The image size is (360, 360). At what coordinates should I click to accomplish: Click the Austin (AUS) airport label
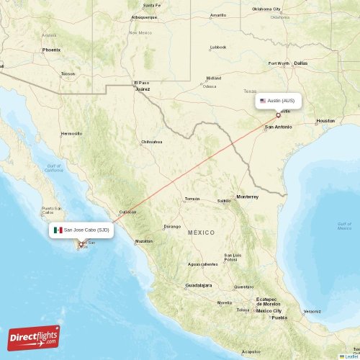point(280,101)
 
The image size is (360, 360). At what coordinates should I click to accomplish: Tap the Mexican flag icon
point(58,230)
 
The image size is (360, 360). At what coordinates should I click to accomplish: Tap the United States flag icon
point(264,101)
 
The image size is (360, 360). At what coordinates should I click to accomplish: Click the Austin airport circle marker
point(278,114)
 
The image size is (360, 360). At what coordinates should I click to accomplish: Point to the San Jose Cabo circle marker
point(81,244)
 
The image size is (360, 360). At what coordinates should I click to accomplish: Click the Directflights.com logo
point(34,337)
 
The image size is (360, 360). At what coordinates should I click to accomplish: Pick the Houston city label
point(325,121)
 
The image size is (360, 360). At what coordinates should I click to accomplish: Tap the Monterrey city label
point(247,196)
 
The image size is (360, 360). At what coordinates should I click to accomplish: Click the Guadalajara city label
point(198,285)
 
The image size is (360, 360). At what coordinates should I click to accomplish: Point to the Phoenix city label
point(51,50)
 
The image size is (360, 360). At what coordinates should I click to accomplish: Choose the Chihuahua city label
point(152,142)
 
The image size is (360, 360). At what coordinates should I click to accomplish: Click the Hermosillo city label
point(71,133)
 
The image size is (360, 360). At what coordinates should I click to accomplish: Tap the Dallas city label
point(300,63)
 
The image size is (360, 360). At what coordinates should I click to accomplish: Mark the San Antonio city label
point(279,127)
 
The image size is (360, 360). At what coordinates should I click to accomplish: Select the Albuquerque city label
point(144,16)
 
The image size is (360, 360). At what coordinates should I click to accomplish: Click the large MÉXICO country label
point(202,233)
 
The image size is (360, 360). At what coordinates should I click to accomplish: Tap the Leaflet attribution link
point(351,356)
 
